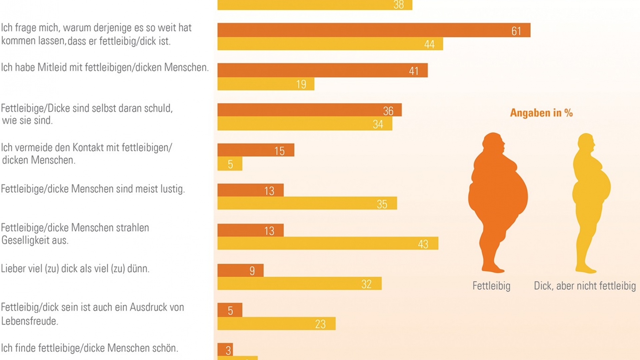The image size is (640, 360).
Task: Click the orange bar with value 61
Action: tap(373, 30)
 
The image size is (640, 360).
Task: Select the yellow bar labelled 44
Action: tap(330, 44)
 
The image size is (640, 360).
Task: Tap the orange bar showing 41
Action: tap(322, 70)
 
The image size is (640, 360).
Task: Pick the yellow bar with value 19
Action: tap(266, 84)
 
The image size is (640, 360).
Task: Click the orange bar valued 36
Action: tap(309, 110)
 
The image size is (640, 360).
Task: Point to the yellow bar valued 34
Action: tap(305, 124)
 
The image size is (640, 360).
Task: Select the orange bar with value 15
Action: tap(256, 150)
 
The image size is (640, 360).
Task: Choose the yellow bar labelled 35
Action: tap(307, 203)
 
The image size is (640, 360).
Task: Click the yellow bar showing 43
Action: tap(328, 243)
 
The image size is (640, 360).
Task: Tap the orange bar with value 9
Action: tap(240, 270)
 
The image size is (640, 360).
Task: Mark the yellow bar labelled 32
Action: tap(299, 283)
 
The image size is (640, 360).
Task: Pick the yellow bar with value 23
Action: tap(276, 323)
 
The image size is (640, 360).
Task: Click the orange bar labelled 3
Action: tap(225, 350)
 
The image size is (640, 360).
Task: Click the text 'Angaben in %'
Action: tap(541, 113)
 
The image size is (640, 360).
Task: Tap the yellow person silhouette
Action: tap(590, 200)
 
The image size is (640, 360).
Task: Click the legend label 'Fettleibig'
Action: tap(491, 286)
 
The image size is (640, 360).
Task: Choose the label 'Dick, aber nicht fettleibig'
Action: tap(585, 286)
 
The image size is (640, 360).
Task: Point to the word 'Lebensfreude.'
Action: tap(30, 321)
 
